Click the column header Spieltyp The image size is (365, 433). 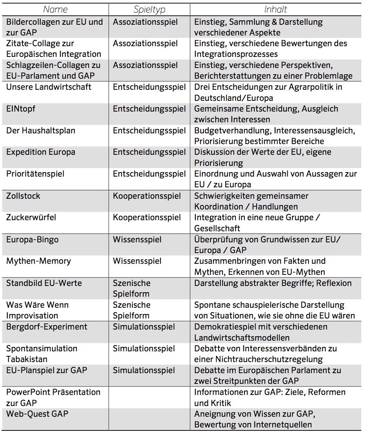point(149,9)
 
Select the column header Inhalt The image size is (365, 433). point(276,9)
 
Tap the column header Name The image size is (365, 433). point(55,9)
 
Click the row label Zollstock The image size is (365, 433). point(23,196)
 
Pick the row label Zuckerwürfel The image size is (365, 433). point(31,217)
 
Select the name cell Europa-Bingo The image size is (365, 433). point(32,239)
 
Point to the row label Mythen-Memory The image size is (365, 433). point(38,261)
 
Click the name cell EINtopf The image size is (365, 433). point(21,109)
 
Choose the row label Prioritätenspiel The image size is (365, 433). point(35,174)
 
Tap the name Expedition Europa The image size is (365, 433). point(41,152)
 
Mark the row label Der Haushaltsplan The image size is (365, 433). point(41,130)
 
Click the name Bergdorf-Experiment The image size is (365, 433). point(47,327)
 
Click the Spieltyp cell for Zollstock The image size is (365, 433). point(147,196)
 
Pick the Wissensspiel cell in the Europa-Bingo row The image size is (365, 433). point(137,239)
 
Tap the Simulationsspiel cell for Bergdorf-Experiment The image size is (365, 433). point(144,327)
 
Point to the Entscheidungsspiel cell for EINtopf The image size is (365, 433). point(149,109)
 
